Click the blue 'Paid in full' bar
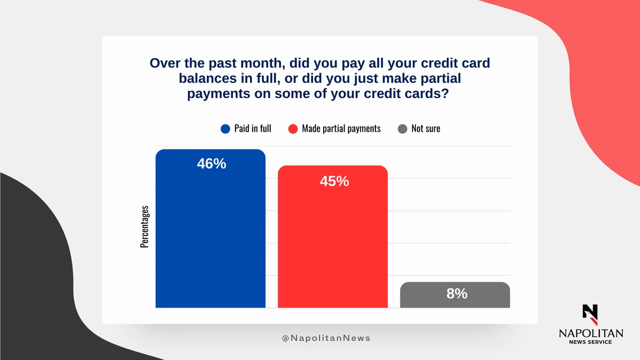(x=211, y=229)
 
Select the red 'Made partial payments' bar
(x=333, y=237)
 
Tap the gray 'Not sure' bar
(x=455, y=295)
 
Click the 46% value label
(x=211, y=164)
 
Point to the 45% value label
(x=334, y=181)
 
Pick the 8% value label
(x=457, y=293)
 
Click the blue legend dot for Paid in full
(x=226, y=129)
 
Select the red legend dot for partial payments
(x=293, y=129)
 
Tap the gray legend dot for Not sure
(x=402, y=129)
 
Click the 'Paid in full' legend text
(x=253, y=129)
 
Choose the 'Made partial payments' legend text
(x=341, y=129)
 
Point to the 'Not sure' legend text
(x=426, y=129)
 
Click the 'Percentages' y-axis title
(x=145, y=227)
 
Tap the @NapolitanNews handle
(x=326, y=338)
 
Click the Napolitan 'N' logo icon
(x=590, y=315)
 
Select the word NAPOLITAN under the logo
(x=591, y=333)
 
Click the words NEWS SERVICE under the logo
(x=590, y=342)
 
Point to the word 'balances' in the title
(x=207, y=78)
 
